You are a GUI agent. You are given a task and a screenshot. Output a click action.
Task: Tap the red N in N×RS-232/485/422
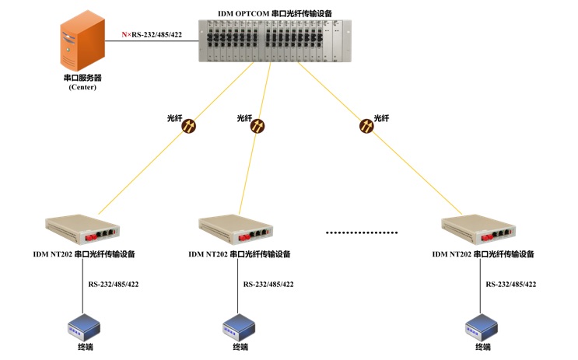[x=124, y=35]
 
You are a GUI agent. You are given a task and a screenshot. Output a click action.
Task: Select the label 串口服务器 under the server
[x=82, y=78]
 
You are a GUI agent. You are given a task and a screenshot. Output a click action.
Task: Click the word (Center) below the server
[x=82, y=87]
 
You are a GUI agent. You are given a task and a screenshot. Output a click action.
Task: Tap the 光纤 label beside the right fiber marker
[x=381, y=118]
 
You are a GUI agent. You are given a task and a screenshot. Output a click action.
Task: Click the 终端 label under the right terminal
[x=483, y=347]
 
